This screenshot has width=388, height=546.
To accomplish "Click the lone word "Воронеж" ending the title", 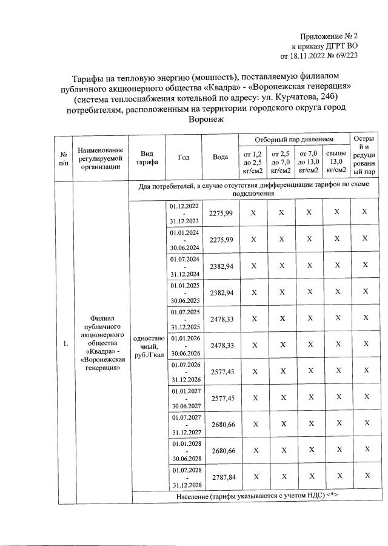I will [x=207, y=120].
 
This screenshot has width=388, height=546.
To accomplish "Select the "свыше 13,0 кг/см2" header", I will [x=336, y=163].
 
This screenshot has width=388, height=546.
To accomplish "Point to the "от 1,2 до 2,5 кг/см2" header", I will [x=253, y=163].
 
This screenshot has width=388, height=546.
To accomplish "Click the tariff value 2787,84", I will [x=221, y=478].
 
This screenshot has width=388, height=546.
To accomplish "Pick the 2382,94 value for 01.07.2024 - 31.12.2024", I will [x=221, y=266].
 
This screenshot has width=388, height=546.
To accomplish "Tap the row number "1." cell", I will [x=64, y=345].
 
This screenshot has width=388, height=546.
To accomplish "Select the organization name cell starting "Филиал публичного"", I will [x=101, y=345].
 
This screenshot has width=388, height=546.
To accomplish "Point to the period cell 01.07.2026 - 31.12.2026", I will [x=184, y=371].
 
